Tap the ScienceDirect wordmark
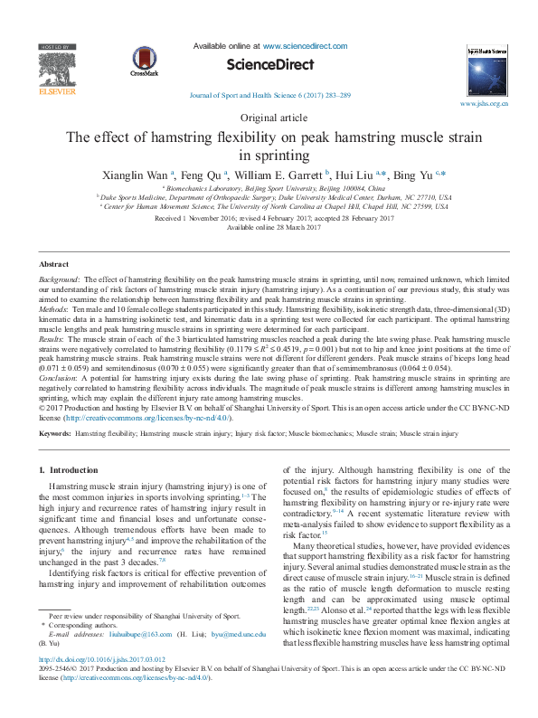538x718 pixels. tap(269, 65)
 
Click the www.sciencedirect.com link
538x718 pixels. tap(305, 45)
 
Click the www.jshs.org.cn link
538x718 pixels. tap(484, 104)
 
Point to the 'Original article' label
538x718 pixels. tap(269, 118)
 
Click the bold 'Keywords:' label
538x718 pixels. tap(56, 435)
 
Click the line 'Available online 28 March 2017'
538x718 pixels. tap(269, 227)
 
